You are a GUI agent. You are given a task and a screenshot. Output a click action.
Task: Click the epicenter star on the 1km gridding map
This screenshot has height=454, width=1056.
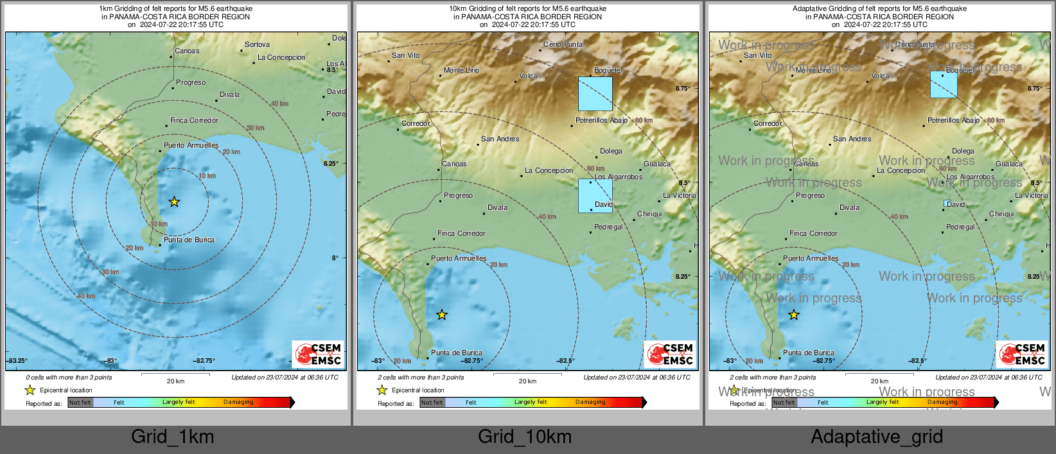pos(174,202)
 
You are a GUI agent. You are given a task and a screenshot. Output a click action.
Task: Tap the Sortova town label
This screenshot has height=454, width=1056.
pos(257,45)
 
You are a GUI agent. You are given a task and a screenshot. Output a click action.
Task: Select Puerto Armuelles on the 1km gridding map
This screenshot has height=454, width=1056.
pos(191,146)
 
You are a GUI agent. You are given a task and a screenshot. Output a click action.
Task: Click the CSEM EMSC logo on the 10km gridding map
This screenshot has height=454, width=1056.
pos(670,354)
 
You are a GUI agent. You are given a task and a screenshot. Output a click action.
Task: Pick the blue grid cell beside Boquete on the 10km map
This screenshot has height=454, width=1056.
pos(595,94)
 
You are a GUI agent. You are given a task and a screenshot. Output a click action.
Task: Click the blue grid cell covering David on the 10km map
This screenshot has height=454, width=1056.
pos(595,196)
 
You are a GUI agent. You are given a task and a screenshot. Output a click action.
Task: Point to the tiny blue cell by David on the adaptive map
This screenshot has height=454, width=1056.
pos(946,204)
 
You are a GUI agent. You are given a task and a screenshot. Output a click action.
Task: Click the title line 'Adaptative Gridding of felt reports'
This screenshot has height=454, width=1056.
pos(879,9)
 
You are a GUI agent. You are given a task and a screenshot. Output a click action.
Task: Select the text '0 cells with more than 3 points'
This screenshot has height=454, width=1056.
pos(69,378)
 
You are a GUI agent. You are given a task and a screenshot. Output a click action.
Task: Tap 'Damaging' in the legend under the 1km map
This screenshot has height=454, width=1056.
pos(238,403)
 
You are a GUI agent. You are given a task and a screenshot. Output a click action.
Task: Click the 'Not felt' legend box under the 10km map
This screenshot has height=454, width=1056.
pos(432,403)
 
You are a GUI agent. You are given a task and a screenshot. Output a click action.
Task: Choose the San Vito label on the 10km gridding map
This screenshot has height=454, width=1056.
pos(405,56)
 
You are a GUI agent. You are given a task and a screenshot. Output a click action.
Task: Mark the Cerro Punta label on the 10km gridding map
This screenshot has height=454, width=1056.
pos(563,45)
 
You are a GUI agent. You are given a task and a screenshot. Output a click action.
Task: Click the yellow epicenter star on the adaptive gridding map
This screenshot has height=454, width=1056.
pos(794,315)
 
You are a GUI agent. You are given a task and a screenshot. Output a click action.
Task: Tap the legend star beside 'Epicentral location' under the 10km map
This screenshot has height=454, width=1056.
pos(382,390)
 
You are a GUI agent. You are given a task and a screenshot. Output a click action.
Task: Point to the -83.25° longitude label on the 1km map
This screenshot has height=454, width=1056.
pos(17,361)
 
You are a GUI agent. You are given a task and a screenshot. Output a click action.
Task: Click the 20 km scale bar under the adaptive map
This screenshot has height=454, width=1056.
pos(879,374)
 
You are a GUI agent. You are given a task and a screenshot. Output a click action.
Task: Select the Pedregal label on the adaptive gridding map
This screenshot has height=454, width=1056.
pos(960,227)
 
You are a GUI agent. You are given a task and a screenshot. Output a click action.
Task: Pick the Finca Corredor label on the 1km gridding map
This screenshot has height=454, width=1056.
pos(194,121)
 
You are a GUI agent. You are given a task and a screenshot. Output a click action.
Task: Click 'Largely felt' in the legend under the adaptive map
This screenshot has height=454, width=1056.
pos(883,403)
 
